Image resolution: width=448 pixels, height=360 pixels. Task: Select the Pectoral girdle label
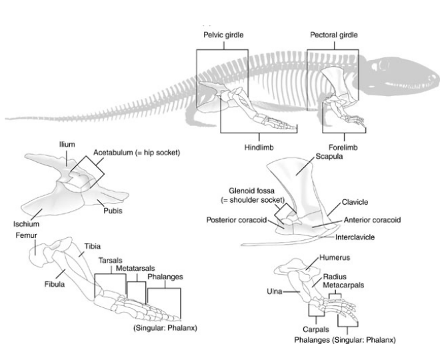click(333, 34)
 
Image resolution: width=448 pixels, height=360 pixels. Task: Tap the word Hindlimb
click(260, 147)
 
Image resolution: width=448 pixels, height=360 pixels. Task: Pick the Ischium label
click(25, 225)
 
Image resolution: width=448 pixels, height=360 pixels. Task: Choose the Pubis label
click(111, 210)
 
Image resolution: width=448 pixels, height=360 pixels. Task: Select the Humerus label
click(334, 257)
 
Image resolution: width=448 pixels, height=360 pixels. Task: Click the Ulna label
click(275, 291)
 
